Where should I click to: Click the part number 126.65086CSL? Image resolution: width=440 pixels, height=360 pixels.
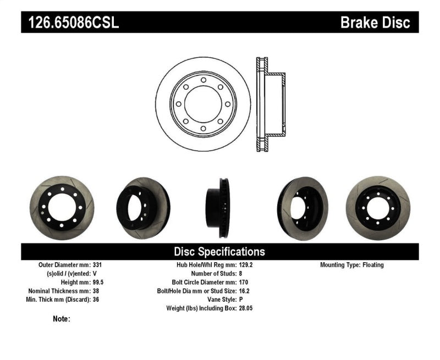click(x=70, y=23)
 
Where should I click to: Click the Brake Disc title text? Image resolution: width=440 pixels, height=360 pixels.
click(x=375, y=23)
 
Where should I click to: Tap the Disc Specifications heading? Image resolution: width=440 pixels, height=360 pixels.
click(x=219, y=252)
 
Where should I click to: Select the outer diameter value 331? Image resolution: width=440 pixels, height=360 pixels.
click(x=98, y=265)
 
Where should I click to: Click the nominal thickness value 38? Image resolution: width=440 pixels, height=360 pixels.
click(x=96, y=291)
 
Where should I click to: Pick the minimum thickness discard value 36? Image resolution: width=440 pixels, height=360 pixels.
click(x=96, y=300)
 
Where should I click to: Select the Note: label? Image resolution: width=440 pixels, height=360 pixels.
click(x=62, y=319)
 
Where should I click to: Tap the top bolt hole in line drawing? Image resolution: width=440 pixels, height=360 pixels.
click(x=203, y=80)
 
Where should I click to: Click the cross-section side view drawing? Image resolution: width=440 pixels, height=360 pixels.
click(x=269, y=104)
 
